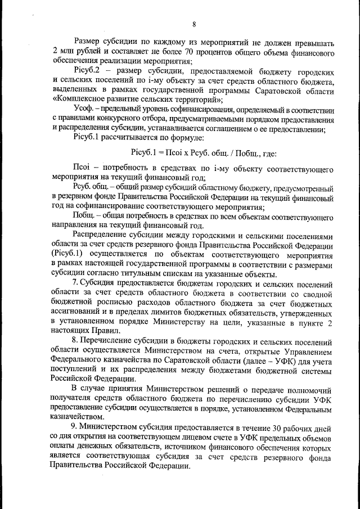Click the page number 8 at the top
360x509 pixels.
pos(193,24)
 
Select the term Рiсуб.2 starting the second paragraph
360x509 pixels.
pos(86,71)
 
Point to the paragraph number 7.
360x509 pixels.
pos(75,283)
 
